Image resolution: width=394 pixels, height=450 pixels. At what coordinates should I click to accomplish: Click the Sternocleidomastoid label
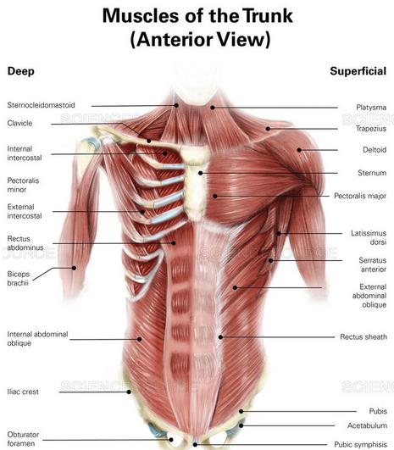point(41,105)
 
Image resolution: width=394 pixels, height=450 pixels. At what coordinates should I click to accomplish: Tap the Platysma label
point(371,108)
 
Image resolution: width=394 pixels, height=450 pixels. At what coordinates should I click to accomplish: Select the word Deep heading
point(20,71)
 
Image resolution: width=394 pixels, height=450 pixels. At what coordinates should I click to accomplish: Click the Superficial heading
point(358,71)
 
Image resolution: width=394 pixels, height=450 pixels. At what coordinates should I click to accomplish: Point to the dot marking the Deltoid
point(299,150)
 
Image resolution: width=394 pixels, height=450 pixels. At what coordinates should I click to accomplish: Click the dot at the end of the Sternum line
point(201,173)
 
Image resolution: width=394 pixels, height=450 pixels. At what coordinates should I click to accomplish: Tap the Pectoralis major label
point(360,196)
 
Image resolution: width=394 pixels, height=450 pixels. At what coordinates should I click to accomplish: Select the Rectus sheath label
point(363,336)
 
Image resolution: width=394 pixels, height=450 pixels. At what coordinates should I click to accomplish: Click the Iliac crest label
point(23,392)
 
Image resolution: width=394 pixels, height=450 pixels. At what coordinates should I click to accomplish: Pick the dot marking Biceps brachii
point(74,268)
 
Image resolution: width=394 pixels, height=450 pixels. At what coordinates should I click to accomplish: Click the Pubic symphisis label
point(360,445)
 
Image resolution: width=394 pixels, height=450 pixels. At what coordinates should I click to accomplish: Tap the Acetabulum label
point(367,425)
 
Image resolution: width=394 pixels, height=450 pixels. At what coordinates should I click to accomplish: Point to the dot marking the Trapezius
point(268,129)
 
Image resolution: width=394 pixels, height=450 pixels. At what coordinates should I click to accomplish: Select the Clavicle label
point(19,123)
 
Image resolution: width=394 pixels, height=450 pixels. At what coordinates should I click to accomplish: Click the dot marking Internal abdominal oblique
point(140,339)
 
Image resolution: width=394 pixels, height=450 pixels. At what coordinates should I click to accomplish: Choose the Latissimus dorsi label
point(369,237)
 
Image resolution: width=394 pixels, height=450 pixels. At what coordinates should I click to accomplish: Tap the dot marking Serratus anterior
point(270,260)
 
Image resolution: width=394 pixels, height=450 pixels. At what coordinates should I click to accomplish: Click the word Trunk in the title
point(268,16)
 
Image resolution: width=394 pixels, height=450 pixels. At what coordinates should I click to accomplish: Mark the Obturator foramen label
point(23,439)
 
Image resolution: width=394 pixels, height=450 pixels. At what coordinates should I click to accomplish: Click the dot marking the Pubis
point(241,411)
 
